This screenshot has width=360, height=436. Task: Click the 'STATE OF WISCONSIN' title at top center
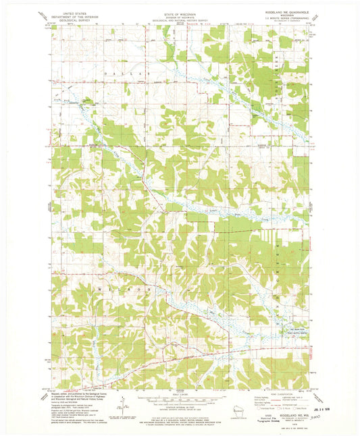pyautogui.click(x=178, y=12)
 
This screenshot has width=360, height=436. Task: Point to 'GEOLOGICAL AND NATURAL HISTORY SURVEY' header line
pyautogui.click(x=178, y=22)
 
